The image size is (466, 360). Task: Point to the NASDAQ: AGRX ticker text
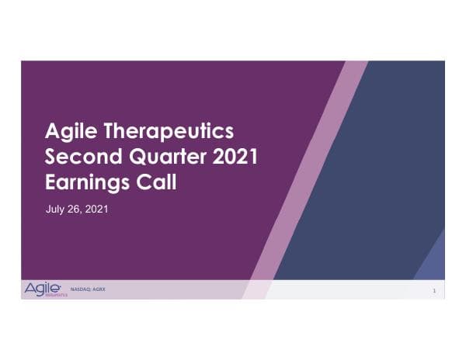pos(87,288)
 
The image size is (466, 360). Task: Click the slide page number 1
pos(434,290)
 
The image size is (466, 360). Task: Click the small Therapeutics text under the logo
pos(56,296)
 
